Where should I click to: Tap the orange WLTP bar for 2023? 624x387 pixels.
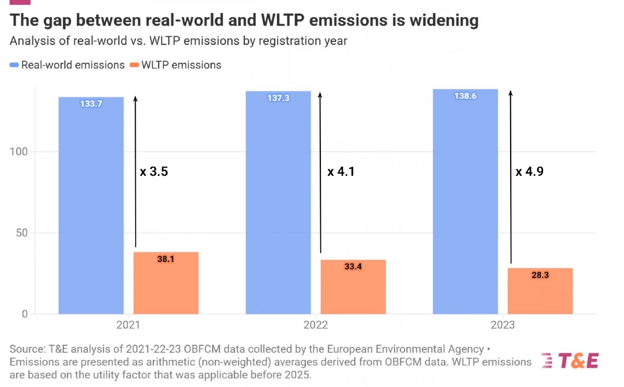coord(540,291)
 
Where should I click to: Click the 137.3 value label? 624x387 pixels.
coord(278,98)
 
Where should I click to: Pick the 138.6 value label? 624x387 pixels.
coord(465,96)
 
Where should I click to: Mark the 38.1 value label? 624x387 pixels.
coord(166,258)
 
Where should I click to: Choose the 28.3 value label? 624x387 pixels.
coord(540,274)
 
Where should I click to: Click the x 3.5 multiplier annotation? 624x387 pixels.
coord(154,171)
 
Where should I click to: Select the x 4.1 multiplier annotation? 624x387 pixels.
coord(341,171)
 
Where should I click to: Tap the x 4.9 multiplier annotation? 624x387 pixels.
coord(529,171)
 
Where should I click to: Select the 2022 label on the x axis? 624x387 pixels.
coord(316,325)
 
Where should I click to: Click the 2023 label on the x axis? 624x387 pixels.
coord(503,325)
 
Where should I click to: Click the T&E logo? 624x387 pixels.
coord(569,360)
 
